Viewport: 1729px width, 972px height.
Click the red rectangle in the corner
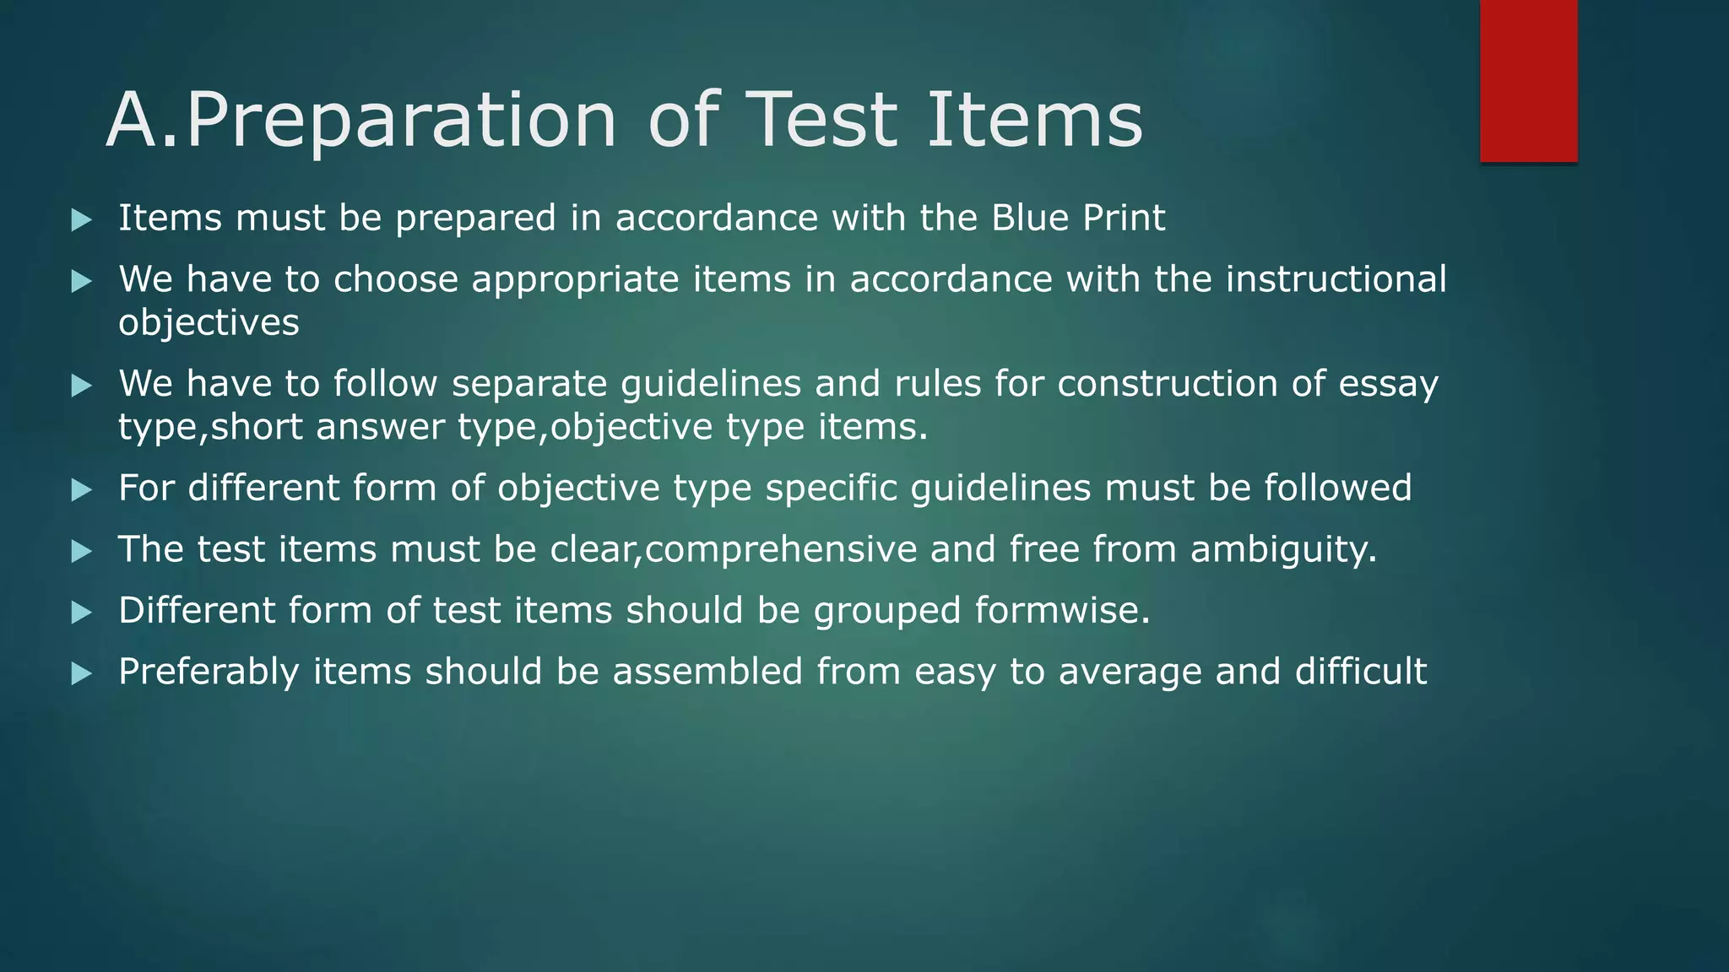click(1528, 81)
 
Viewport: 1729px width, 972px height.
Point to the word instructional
click(1336, 279)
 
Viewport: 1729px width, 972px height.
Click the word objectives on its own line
click(209, 323)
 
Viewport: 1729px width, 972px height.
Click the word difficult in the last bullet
click(1360, 672)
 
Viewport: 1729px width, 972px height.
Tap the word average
click(1130, 672)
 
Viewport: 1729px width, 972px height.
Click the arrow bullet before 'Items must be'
click(81, 221)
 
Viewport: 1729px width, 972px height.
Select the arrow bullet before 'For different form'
click(81, 490)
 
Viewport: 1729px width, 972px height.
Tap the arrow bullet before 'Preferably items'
click(81, 673)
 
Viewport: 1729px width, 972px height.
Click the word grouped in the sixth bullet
click(886, 611)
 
